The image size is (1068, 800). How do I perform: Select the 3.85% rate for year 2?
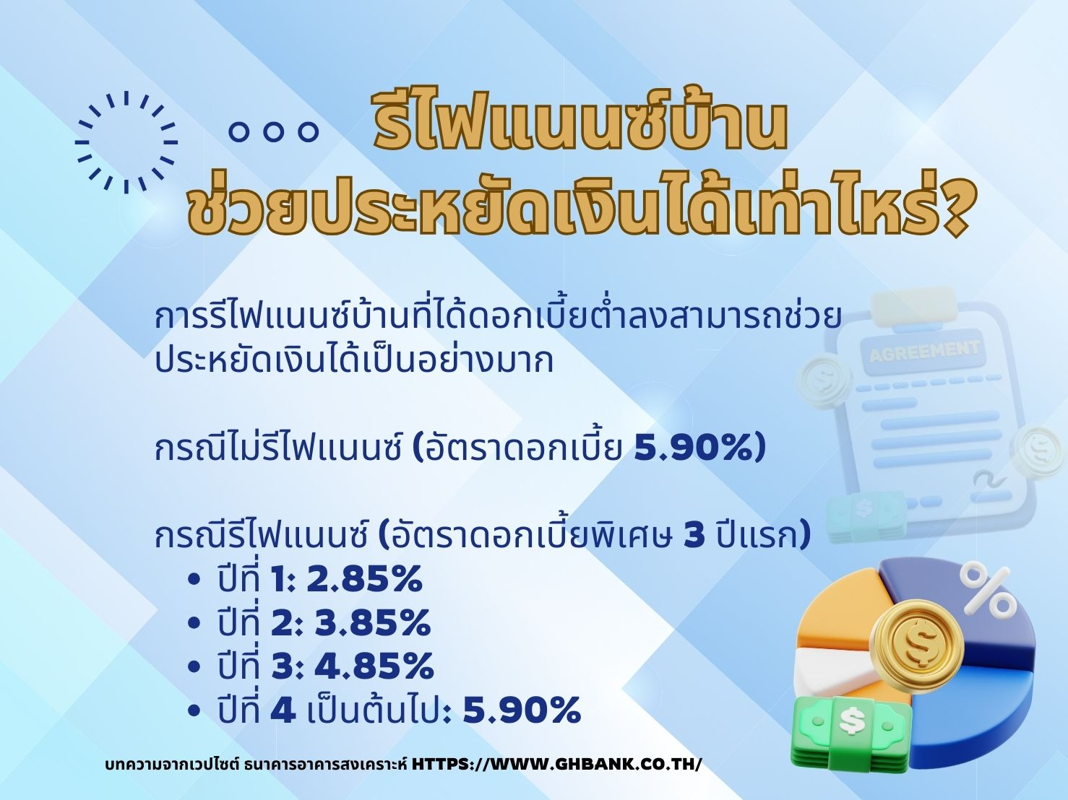tap(373, 623)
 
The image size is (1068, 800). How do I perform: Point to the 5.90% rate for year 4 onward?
tap(522, 710)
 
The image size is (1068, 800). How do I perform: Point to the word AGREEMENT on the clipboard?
tap(923, 351)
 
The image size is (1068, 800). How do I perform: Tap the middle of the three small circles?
tap(273, 131)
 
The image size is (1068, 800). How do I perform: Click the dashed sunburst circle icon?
tap(126, 142)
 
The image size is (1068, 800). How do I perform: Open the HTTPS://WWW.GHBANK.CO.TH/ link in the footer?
tap(556, 764)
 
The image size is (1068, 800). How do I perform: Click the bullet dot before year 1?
tap(194, 581)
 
